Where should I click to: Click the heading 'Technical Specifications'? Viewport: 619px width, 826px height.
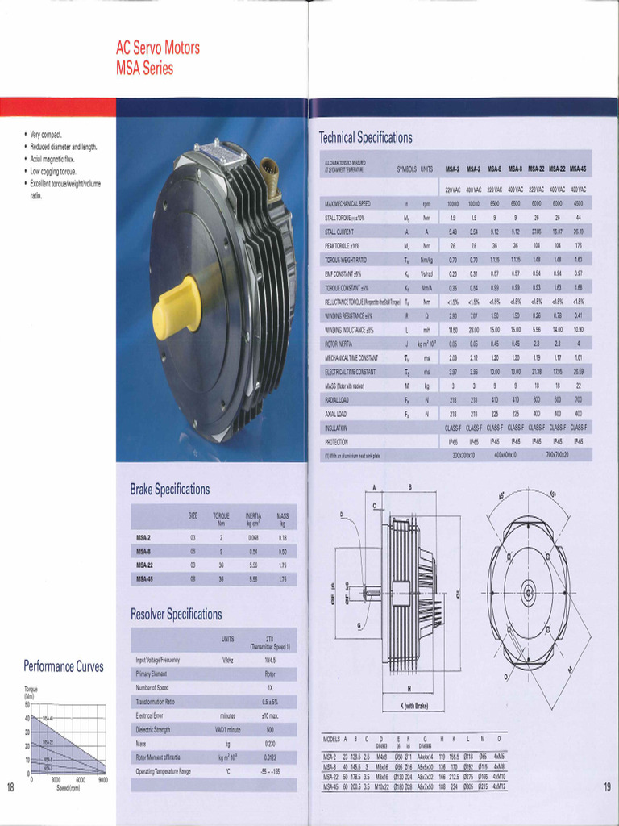[365, 137]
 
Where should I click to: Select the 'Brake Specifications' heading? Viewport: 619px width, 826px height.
[170, 490]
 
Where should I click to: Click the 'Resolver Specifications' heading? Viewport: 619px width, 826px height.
[176, 615]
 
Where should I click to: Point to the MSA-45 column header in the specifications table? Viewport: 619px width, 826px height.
[578, 169]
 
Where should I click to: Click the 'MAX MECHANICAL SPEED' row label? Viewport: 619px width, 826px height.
[347, 204]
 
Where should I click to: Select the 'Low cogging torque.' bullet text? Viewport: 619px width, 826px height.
[53, 172]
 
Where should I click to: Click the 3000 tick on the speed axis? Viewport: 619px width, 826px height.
[56, 780]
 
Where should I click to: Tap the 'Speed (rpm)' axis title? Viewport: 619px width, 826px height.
[68, 788]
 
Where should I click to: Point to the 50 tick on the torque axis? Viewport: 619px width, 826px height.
[27, 704]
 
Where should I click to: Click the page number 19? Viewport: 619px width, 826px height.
[606, 787]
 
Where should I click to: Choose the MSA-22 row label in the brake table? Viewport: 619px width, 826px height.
[144, 565]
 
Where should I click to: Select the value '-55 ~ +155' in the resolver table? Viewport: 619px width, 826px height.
[270, 771]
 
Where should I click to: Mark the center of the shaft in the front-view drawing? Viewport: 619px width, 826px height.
[529, 588]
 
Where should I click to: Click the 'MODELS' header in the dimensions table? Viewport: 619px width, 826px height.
[332, 739]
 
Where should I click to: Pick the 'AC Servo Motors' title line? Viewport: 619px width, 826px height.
[158, 48]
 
